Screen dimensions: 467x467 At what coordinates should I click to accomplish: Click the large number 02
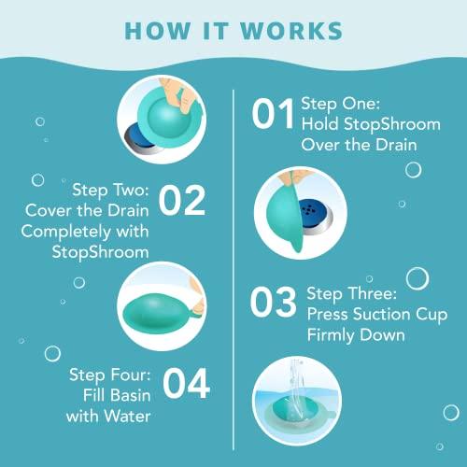coord(183,201)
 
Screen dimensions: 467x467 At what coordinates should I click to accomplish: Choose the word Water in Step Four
coord(129,415)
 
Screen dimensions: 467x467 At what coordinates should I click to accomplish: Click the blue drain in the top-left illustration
coord(136,136)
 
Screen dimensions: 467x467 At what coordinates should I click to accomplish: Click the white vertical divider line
coord(233,262)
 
